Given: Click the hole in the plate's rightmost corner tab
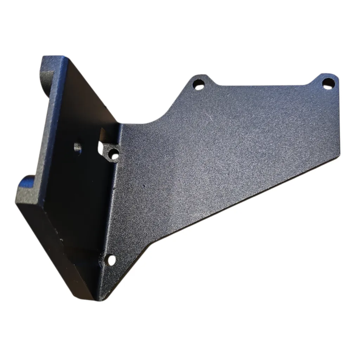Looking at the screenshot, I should coord(328,83).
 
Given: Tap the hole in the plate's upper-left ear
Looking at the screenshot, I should coord(199,84).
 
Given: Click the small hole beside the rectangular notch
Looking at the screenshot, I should coord(114,154).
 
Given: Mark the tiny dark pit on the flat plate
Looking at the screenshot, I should coord(144,184).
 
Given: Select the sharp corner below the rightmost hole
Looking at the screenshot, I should coord(340,153).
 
